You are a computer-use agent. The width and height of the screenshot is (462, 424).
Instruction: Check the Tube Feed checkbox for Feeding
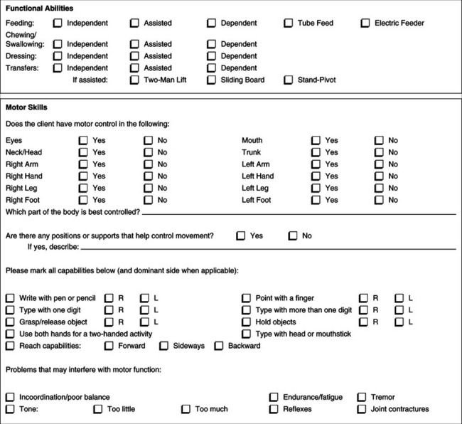click(289, 23)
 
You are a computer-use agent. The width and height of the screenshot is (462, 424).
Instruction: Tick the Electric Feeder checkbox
click(365, 23)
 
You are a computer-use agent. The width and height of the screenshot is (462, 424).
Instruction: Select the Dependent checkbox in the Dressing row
click(212, 56)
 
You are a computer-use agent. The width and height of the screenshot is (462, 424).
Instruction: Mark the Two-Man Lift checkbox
click(134, 80)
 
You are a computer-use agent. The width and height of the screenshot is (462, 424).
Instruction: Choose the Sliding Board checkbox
click(212, 80)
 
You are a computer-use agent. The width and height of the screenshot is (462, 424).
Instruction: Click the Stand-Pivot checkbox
click(289, 80)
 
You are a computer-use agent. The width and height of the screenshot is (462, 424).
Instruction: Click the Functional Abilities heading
click(42, 8)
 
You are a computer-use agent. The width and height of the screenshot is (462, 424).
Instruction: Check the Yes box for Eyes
click(83, 141)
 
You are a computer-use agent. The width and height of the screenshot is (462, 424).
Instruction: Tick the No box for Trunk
click(379, 153)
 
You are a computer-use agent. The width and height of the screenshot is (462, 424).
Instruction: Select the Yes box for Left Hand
click(316, 176)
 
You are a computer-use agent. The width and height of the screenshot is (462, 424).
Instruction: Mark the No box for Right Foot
click(148, 201)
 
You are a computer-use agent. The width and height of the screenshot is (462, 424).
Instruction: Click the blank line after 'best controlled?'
click(299, 212)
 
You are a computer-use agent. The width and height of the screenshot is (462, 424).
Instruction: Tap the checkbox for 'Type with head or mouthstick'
click(246, 334)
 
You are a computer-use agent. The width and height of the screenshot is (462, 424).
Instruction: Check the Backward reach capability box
click(219, 346)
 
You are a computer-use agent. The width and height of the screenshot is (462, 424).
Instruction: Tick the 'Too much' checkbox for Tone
click(186, 410)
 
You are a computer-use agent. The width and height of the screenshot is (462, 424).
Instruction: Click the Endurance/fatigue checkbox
click(274, 397)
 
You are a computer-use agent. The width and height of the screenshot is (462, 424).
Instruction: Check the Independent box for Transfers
click(58, 68)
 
